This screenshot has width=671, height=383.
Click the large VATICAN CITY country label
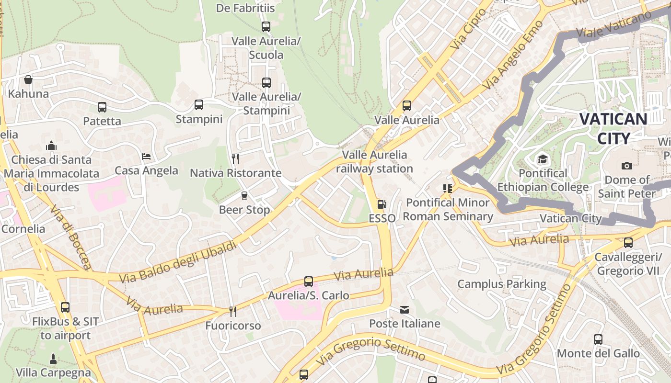pyautogui.click(x=613, y=128)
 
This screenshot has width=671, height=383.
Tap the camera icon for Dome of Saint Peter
pyautogui.click(x=626, y=166)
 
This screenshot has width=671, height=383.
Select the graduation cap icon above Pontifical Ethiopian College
pyautogui.click(x=543, y=159)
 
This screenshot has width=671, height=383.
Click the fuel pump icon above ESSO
pyautogui.click(x=382, y=204)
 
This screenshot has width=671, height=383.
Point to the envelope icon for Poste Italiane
pyautogui.click(x=405, y=310)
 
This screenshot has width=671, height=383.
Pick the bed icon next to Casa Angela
pyautogui.click(x=146, y=157)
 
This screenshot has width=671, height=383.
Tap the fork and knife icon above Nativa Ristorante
pyautogui.click(x=235, y=158)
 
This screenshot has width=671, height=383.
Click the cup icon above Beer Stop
pyautogui.click(x=244, y=195)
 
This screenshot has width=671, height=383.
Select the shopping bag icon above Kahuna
pyautogui.click(x=28, y=79)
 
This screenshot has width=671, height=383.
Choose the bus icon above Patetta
pyautogui.click(x=102, y=107)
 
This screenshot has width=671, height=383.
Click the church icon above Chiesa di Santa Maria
pyautogui.click(x=51, y=146)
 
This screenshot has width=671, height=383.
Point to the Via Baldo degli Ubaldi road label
pyautogui.click(x=178, y=262)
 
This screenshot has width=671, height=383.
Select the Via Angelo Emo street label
pyautogui.click(x=513, y=55)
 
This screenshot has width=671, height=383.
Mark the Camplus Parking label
pyautogui.click(x=501, y=284)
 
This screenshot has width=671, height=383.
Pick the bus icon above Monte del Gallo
pyautogui.click(x=598, y=339)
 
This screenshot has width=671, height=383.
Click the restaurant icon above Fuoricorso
pyautogui.click(x=233, y=312)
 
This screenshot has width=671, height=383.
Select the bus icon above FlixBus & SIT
pyautogui.click(x=65, y=307)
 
